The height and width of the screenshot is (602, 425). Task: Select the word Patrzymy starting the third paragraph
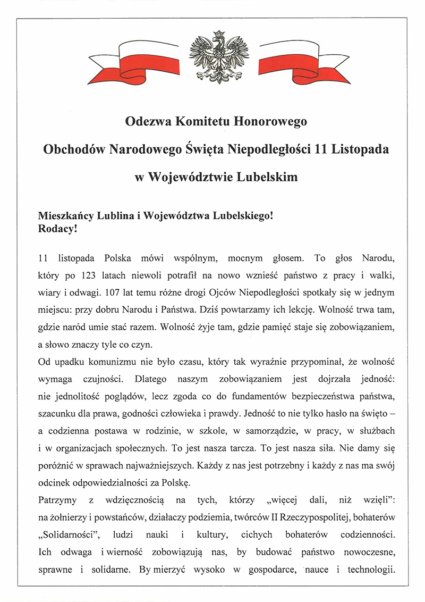coord(59,500)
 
